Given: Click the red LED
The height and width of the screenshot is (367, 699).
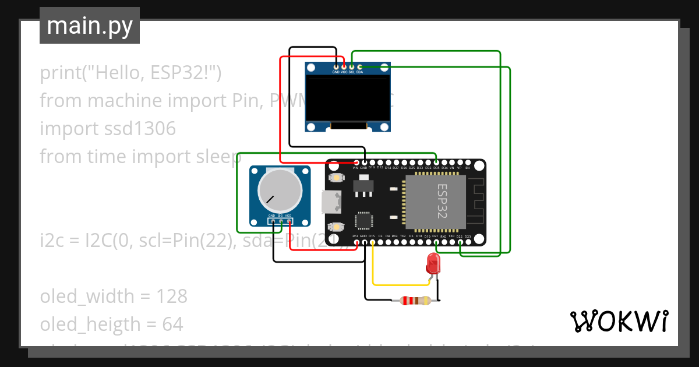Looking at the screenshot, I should pos(433,263).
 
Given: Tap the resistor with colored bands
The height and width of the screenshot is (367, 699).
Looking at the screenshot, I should pos(414,301).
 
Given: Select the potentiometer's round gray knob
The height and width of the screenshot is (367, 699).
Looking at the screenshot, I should pos(280,190).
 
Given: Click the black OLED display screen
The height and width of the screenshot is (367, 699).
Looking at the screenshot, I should pos(348,98).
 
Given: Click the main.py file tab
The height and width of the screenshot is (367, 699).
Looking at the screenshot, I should pos(90,26).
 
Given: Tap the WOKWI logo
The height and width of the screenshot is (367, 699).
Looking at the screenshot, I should pos(619,321).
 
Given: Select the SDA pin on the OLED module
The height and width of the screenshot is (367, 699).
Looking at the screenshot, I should pos(359,67).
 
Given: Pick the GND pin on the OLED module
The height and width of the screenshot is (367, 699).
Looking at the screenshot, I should pos(336,67).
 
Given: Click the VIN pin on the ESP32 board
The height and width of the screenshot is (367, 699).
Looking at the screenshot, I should pos(356,162).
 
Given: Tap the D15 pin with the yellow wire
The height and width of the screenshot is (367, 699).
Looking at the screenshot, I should pos(372,242).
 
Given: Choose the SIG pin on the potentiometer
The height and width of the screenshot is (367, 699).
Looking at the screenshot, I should pos(281,221).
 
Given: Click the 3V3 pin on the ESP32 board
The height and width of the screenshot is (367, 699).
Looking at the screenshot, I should pos(356,242).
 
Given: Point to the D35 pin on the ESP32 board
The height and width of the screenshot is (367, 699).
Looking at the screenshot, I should pos(436,162).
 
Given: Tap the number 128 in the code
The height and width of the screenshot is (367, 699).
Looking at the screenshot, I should pos(171,296).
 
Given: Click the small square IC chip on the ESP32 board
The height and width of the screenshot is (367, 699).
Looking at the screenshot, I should pos(364,221).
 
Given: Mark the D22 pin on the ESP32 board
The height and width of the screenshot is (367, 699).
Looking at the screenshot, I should pos(460,242).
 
